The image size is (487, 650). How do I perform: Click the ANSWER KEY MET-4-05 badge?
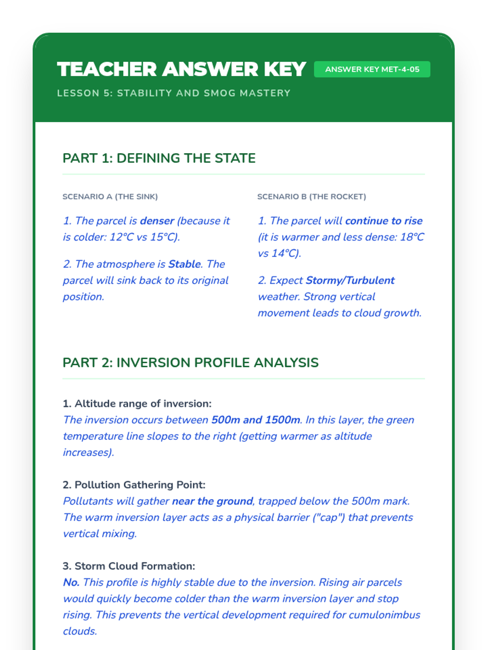372,69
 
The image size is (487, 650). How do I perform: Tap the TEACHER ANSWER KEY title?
181,69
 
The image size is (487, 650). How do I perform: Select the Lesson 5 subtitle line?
174,93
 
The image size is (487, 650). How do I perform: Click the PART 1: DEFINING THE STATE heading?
159,158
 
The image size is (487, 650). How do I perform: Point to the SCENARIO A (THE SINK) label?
110,197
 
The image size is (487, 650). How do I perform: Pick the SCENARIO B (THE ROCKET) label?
311,197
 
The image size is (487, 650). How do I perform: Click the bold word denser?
157,221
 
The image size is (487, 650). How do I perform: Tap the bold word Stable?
185,264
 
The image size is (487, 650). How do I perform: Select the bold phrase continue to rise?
384,221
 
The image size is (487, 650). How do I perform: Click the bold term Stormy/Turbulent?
350,280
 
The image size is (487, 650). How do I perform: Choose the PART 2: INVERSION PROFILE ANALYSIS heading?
190,362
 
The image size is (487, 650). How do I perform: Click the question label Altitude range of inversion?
137,403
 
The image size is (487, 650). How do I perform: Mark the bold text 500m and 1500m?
256,420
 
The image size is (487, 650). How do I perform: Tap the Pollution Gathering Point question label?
134,485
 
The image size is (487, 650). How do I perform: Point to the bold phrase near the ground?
212,501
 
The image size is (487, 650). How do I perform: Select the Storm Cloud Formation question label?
129,566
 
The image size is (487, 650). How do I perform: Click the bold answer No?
71,582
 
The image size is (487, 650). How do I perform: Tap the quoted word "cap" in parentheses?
329,517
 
